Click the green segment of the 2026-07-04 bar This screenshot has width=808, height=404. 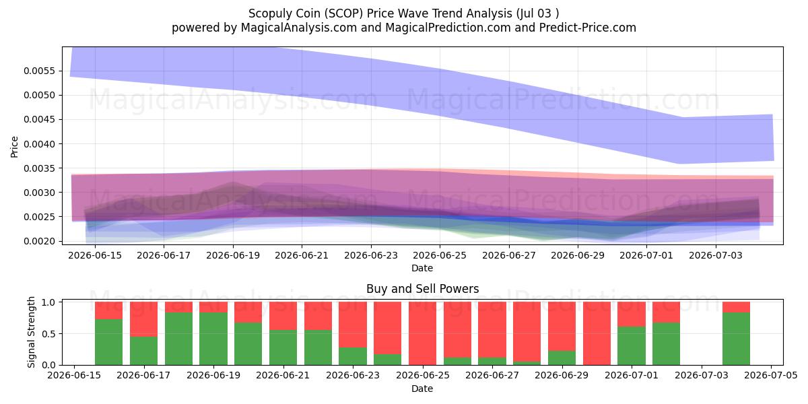click(736, 339)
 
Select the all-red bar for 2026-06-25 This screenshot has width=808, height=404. click(422, 333)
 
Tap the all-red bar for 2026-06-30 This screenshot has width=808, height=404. click(597, 333)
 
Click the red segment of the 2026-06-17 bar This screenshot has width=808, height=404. click(143, 319)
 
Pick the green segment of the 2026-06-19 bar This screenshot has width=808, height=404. click(213, 339)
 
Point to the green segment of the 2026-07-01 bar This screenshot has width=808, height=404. click(632, 346)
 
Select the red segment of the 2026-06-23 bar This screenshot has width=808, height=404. click(353, 325)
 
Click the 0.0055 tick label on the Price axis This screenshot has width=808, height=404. click(40, 71)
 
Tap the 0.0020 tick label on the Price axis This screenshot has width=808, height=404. click(40, 241)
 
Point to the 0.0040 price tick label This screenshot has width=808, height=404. click(40, 144)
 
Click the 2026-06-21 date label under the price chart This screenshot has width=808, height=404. click(302, 255)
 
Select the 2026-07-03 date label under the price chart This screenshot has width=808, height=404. click(716, 255)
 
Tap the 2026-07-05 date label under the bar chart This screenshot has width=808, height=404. click(771, 375)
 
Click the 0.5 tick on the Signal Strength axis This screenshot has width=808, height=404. click(49, 334)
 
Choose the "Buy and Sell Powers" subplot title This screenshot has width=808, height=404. click(422, 289)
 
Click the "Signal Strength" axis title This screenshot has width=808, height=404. click(32, 332)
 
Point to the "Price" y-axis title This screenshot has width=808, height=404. click(14, 147)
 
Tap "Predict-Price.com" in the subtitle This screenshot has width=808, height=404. click(588, 28)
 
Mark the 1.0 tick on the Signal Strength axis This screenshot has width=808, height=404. click(49, 302)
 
